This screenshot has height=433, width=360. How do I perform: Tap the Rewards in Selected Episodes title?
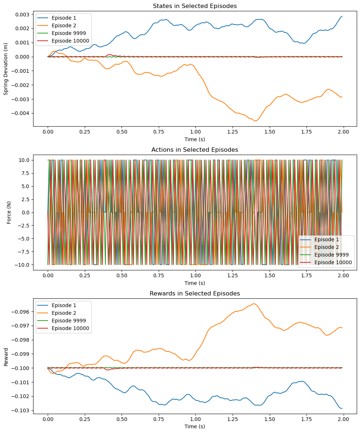tap(195, 294)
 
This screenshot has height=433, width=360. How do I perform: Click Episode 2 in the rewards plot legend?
tap(64, 313)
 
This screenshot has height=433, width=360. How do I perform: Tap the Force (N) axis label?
tap(9, 212)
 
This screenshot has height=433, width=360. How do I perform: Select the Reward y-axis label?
tap(6, 356)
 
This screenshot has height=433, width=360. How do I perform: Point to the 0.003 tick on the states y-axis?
tap(23, 15)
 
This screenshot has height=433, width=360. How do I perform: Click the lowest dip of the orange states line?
tap(256, 121)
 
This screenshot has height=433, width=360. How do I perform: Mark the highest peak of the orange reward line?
tap(254, 304)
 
